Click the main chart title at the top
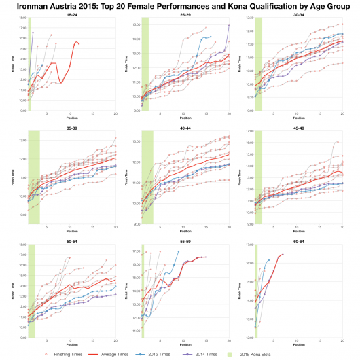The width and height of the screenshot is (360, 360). click(180, 5)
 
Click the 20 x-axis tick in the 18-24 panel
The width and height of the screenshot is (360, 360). click(115, 114)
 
